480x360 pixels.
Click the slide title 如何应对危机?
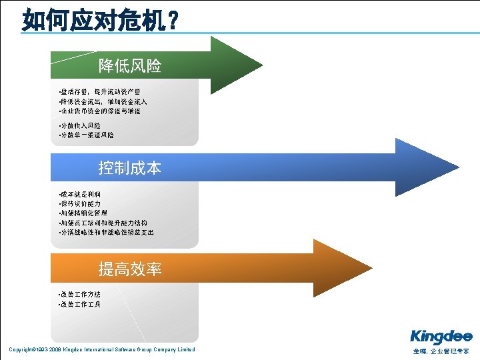(x=100, y=20)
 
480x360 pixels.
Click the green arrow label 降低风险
(x=130, y=66)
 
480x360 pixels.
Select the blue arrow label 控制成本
(x=130, y=168)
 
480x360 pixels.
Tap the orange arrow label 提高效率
(x=130, y=269)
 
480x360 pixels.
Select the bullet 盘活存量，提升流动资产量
(x=100, y=91)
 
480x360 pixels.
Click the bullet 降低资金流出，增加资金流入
(x=103, y=101)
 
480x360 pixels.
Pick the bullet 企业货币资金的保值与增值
(x=100, y=111)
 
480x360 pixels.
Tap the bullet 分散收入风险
(x=80, y=125)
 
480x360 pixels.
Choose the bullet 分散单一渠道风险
(x=87, y=135)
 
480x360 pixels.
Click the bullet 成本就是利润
(x=80, y=194)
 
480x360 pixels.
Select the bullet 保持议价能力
(x=80, y=203)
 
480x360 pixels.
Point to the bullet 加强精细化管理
(x=83, y=213)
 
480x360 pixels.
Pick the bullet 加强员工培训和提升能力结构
(x=103, y=223)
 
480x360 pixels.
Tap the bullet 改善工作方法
(x=80, y=295)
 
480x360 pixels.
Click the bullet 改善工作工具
(x=80, y=305)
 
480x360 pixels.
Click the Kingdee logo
(x=441, y=337)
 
